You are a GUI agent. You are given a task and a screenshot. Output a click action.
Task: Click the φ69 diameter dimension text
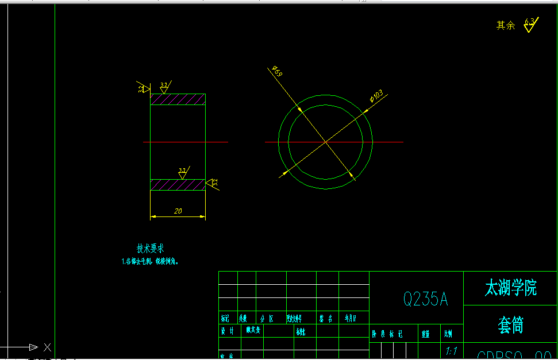(277, 72)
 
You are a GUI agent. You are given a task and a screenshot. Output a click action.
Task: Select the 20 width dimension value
(178, 211)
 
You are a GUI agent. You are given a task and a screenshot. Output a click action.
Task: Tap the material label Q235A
(425, 299)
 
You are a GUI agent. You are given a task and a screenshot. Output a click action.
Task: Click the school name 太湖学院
(510, 288)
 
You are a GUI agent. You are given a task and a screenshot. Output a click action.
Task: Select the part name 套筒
(510, 326)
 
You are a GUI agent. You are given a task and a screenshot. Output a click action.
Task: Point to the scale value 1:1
(451, 350)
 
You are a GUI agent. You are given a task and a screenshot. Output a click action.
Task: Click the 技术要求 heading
(150, 249)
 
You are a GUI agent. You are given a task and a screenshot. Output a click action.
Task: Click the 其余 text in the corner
(506, 25)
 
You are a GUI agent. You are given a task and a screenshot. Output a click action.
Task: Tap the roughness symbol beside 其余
(529, 25)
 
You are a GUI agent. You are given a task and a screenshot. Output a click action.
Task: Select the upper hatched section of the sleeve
(178, 99)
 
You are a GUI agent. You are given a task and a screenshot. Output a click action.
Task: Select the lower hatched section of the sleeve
(178, 185)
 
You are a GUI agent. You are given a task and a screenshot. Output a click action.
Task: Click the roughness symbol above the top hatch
(164, 88)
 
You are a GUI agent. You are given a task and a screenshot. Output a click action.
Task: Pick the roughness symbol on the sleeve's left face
(143, 88)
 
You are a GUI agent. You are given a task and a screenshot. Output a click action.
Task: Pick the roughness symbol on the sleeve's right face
(212, 183)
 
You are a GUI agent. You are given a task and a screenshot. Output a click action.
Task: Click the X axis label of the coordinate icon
(47, 347)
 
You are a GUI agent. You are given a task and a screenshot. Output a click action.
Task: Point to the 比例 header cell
(448, 333)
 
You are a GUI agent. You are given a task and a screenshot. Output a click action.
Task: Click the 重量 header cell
(426, 333)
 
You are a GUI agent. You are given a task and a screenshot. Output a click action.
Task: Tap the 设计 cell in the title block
(228, 330)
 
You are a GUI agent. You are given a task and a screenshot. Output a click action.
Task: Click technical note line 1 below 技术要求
(150, 261)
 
